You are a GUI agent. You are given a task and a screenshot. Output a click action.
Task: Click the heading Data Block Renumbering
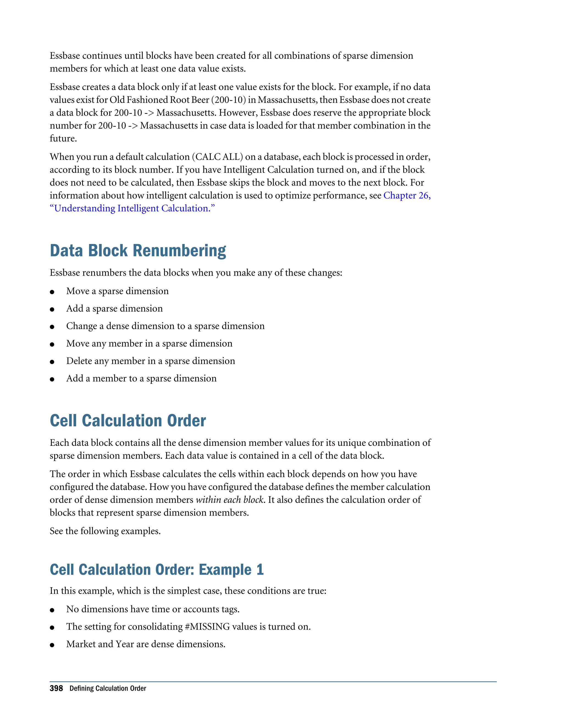click(x=138, y=251)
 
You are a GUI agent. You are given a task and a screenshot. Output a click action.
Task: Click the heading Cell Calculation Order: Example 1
click(x=156, y=570)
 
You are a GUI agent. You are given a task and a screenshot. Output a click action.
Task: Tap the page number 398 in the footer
click(x=56, y=688)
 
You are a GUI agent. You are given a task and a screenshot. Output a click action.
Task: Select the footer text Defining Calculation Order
click(x=108, y=688)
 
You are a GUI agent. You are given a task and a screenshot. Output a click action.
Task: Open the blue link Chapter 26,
click(x=407, y=195)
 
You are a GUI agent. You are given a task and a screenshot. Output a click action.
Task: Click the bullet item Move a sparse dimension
click(x=117, y=291)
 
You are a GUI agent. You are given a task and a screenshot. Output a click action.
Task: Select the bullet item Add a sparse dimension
click(x=114, y=309)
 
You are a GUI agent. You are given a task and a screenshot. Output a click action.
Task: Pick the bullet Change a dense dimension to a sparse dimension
click(x=165, y=326)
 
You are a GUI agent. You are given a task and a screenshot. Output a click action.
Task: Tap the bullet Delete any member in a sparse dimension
click(x=150, y=361)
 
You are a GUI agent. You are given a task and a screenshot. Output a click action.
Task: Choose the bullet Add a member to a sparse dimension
click(x=141, y=378)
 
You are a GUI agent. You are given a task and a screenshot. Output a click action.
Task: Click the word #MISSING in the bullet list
click(x=207, y=627)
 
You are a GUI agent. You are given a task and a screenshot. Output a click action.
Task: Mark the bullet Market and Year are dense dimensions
click(x=146, y=644)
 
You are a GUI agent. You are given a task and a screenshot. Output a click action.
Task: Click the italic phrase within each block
click(x=230, y=500)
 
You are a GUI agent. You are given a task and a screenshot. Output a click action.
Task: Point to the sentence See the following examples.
click(x=105, y=531)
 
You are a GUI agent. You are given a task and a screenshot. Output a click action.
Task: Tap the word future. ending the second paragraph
click(x=63, y=138)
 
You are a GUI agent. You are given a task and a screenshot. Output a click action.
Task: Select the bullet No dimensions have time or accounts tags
click(x=153, y=609)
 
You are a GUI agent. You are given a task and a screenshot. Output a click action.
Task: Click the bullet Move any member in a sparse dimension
click(x=149, y=343)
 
